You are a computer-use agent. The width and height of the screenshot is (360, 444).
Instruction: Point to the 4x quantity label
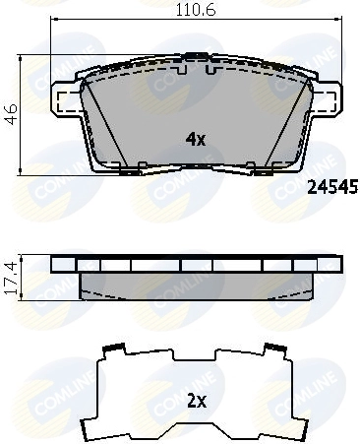coord(196,139)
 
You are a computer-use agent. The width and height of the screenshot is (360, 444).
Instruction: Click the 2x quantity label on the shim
coord(196,402)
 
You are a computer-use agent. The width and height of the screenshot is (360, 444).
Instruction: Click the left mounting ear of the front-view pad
coord(63,100)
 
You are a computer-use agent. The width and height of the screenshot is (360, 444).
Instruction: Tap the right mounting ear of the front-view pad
coord(323,100)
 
